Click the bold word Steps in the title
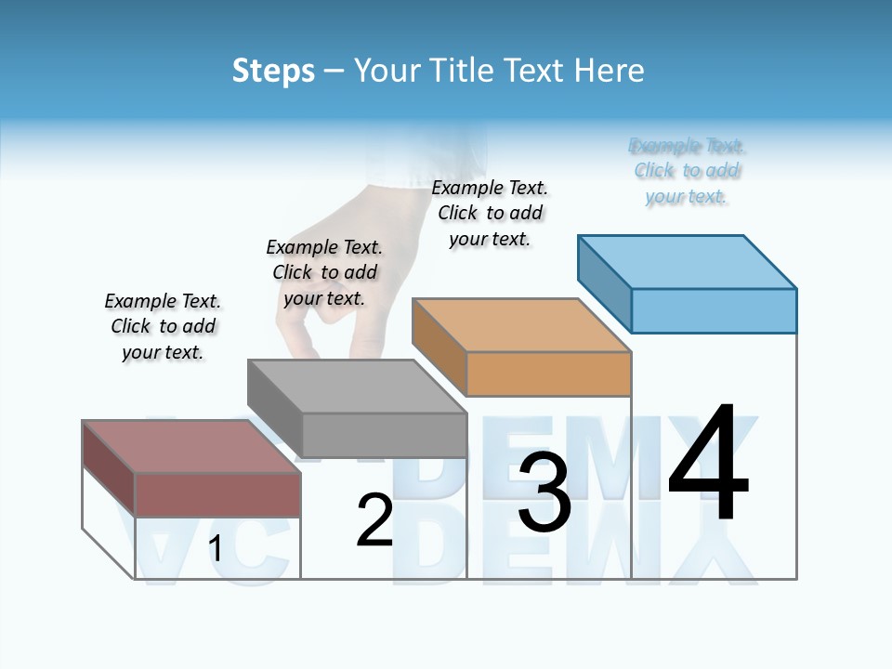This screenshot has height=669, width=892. tap(273, 71)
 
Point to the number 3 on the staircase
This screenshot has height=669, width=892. tap(544, 492)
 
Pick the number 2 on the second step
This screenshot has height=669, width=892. tap(374, 520)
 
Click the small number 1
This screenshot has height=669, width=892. tap(216, 549)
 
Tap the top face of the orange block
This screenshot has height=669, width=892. tap(521, 325)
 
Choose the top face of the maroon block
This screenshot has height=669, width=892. tap(191, 447)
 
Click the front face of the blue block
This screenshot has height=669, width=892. tap(714, 310)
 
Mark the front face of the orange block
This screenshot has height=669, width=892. tap(548, 374)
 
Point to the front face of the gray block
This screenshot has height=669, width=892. tap(384, 435)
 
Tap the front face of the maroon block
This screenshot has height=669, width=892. tap(218, 494)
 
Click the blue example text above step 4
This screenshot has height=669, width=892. tap(687, 171)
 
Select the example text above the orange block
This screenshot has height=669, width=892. tap(490, 213)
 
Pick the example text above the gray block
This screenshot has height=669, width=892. tap(324, 272)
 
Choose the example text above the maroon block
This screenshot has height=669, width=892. tap(163, 326)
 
